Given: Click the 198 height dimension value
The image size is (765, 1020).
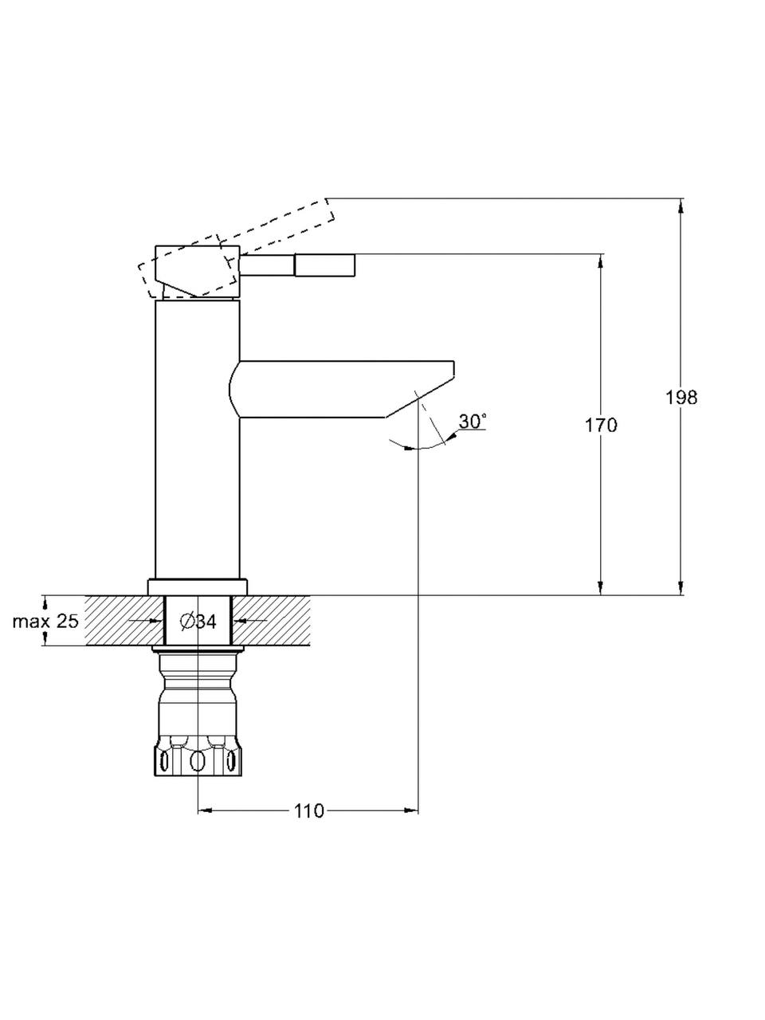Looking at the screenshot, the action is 681,398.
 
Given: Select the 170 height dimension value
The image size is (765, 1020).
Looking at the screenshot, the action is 601,426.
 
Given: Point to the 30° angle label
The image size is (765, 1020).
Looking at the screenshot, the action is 473,421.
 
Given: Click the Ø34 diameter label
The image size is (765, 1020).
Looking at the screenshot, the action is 198,621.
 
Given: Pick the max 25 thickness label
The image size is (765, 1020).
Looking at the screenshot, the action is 45,621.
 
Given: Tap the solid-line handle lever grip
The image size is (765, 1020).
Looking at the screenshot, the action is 324,265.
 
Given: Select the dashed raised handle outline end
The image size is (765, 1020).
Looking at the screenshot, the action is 328,211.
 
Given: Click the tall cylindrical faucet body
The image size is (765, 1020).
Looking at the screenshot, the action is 198,439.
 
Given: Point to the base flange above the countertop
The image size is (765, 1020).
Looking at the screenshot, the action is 198,586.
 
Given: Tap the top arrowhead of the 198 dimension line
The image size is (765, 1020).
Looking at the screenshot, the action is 681,206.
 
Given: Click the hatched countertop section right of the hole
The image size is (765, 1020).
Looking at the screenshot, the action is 271,620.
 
